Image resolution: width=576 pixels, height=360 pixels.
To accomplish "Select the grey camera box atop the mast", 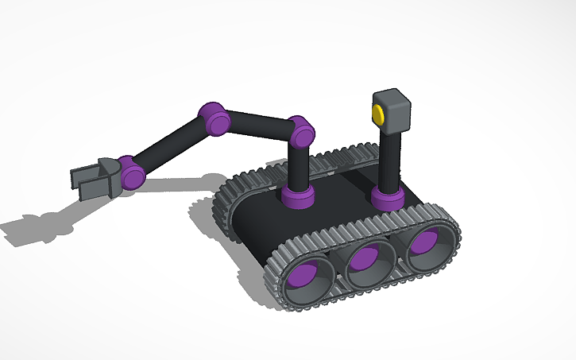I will (394, 110).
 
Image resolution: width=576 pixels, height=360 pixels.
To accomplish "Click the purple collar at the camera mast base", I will (387, 198).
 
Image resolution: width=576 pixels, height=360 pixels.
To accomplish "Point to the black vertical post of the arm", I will (298, 167).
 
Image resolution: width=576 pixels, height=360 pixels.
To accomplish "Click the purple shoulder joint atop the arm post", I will (300, 131).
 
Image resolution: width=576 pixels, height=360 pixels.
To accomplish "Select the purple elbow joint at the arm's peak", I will (215, 118).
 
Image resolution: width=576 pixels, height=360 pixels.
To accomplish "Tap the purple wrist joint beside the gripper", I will (130, 171).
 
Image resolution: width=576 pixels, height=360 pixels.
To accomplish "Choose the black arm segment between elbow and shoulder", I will (258, 126).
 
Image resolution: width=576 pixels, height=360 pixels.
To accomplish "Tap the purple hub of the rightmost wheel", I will (424, 243).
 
